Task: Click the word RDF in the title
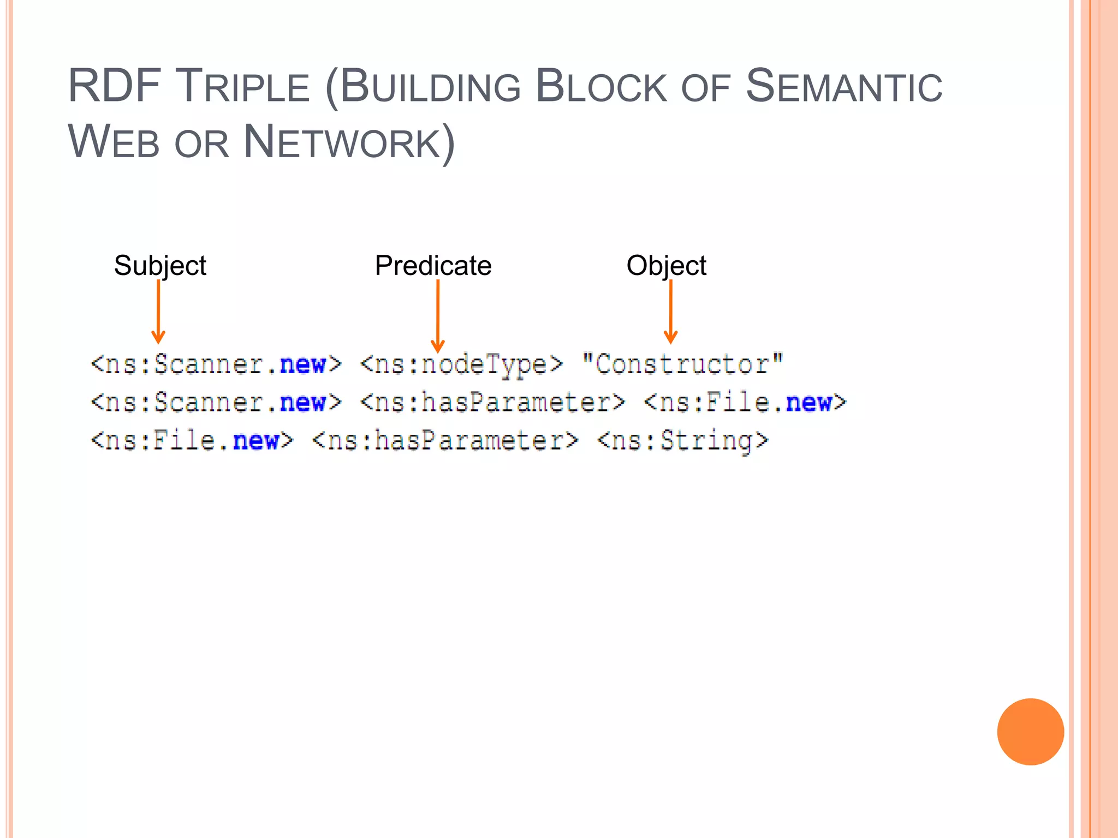pyautogui.click(x=114, y=86)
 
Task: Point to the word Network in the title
pyautogui.click(x=342, y=142)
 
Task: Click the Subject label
pyautogui.click(x=160, y=266)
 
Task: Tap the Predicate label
pyautogui.click(x=433, y=266)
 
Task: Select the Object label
pyautogui.click(x=666, y=266)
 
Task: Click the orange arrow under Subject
pyautogui.click(x=158, y=312)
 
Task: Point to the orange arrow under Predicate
pyautogui.click(x=438, y=316)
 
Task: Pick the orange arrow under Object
pyautogui.click(x=670, y=312)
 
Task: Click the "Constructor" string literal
pyautogui.click(x=682, y=364)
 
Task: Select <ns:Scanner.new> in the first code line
pyautogui.click(x=216, y=364)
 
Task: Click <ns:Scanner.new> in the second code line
pyautogui.click(x=216, y=403)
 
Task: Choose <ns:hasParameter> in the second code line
pyautogui.click(x=492, y=403)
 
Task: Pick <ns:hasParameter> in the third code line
pyautogui.click(x=445, y=441)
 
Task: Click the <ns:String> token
pyautogui.click(x=683, y=441)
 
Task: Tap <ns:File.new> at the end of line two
pyautogui.click(x=745, y=403)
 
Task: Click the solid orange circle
pyautogui.click(x=1030, y=732)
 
